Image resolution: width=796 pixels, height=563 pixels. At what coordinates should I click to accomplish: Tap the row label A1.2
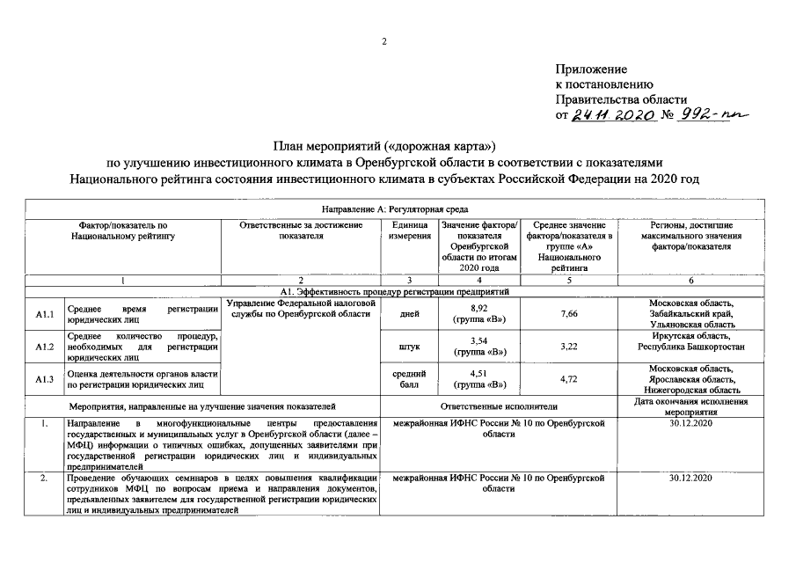point(45,347)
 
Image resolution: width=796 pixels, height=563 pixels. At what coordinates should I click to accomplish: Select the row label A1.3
point(45,379)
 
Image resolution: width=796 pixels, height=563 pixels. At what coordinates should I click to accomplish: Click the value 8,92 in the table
point(478,309)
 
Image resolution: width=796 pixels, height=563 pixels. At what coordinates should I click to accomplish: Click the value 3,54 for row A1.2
point(478,340)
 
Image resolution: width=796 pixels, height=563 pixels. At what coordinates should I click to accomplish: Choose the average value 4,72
point(569,379)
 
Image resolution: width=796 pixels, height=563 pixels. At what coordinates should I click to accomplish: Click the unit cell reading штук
point(409,347)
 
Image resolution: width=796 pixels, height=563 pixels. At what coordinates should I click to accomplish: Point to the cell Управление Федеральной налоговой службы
point(302,309)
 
